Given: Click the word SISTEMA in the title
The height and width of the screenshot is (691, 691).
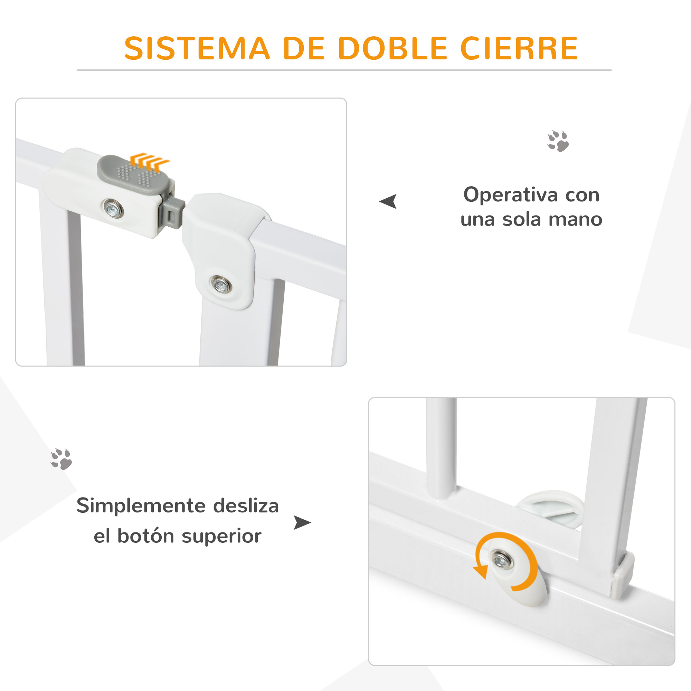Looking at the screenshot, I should click(x=197, y=48).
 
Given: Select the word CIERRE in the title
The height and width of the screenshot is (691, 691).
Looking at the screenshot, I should click(x=519, y=48).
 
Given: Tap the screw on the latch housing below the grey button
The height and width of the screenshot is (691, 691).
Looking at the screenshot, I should click(x=113, y=208).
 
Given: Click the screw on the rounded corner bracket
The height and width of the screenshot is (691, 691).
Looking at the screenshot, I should click(x=221, y=285).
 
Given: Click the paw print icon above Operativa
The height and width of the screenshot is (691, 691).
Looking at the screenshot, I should click(x=558, y=141).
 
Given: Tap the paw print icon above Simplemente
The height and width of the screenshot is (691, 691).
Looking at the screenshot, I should click(x=61, y=459).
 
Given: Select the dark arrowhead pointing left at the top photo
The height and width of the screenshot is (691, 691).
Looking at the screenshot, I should click(x=389, y=201).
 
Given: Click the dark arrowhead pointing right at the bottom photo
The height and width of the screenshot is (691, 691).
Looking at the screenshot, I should click(x=302, y=522).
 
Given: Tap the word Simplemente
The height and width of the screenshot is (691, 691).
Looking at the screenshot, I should click(x=140, y=506).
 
